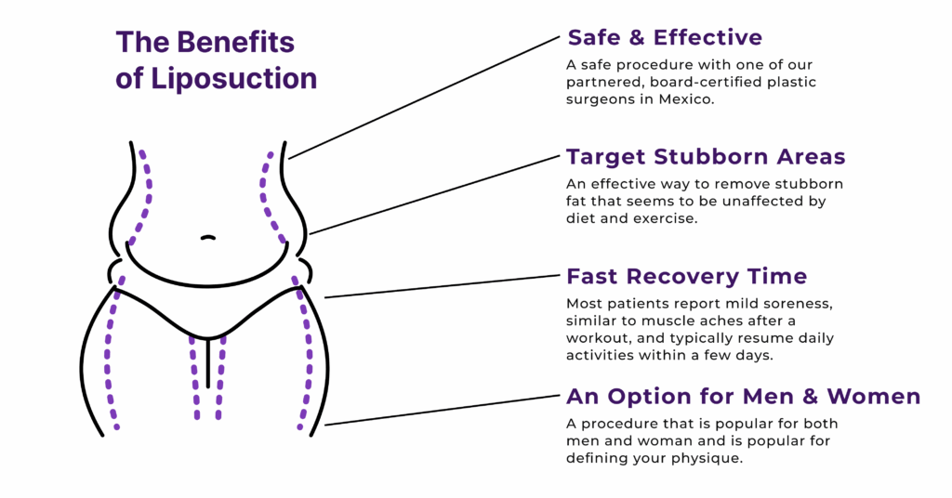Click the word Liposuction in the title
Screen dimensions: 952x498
(233, 79)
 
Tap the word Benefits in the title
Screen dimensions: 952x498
(236, 43)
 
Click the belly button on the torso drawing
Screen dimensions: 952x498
(208, 237)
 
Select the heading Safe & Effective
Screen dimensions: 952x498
(665, 37)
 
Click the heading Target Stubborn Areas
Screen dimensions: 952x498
(706, 156)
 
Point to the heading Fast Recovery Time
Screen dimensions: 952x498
(687, 277)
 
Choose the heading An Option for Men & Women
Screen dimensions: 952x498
(744, 396)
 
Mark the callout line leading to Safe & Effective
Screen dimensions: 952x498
(424, 98)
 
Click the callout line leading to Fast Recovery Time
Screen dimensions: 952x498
(442, 286)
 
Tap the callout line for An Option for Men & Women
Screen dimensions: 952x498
(442, 410)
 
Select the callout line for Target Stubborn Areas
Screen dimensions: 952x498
(435, 195)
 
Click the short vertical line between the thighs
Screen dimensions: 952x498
(208, 362)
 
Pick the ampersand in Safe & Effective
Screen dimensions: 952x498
(637, 37)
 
